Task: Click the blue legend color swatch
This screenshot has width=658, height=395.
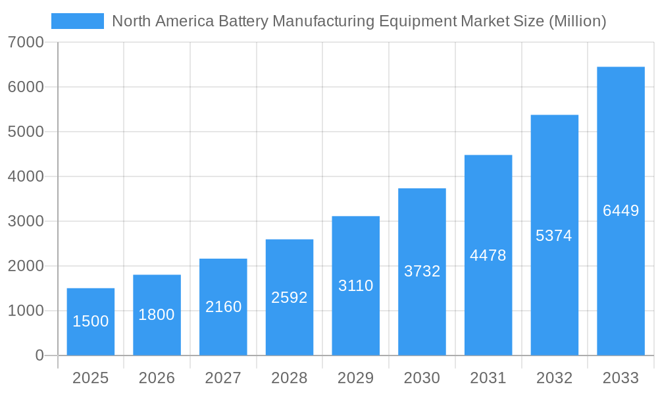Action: coord(78,21)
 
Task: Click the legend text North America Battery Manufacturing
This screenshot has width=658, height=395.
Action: coord(359,21)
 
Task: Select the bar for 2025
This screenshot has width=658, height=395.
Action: coord(91,322)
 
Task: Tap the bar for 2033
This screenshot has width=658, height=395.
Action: coord(620,211)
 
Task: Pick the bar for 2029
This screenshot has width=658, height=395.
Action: coord(355,286)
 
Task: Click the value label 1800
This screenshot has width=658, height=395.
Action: coord(157,315)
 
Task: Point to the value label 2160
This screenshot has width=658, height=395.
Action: coord(223,307)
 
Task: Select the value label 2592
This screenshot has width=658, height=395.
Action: coord(290,298)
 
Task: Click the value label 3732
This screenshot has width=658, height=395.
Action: coord(422,271)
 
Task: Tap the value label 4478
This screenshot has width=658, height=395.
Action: coord(488,255)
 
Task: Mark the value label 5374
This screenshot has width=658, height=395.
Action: coord(554,236)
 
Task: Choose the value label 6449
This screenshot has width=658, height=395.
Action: coord(620,211)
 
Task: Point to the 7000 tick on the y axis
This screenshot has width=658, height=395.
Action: coord(26,42)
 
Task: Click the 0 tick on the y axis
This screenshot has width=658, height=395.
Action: coord(39,355)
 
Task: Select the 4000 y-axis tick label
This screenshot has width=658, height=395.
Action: coord(26,176)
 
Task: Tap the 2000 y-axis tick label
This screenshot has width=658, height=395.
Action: coord(26,266)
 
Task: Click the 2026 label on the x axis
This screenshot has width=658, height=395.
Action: coord(157,378)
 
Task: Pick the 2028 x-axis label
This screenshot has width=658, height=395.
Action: coord(290,378)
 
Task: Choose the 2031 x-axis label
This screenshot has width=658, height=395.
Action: coord(488,378)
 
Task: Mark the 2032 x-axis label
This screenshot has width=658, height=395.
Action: coord(554,378)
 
